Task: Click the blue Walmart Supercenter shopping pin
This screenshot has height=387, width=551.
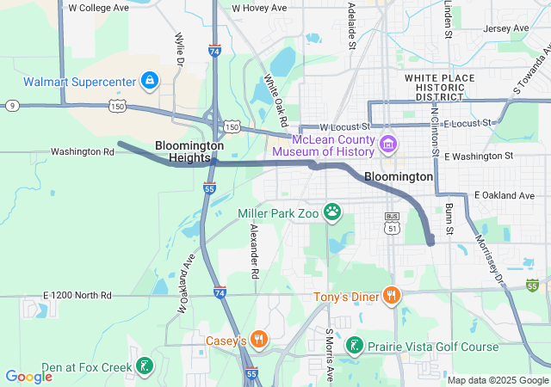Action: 150,81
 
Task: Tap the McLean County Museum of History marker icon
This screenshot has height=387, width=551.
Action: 387,142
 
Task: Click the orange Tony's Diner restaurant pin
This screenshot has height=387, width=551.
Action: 391,297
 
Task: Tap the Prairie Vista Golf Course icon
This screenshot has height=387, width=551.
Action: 353,347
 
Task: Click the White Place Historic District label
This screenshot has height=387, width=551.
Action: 440,87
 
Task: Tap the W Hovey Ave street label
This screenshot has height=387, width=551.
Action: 259,8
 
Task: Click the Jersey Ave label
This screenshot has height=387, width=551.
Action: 507,28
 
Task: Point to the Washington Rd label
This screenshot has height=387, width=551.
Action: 83,152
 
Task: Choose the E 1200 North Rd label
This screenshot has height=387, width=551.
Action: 77,296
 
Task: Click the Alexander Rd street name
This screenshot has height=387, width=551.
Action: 254,251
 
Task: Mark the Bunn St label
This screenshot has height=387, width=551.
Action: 449,219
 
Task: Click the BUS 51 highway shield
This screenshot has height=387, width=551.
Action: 393,222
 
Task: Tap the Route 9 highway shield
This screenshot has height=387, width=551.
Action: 12,105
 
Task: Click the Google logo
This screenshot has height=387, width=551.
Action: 29,376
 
